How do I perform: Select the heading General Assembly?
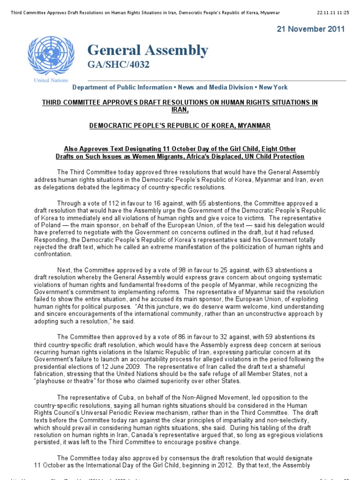coord(147,50)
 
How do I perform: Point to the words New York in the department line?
coord(273,87)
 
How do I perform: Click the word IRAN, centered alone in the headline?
coord(180,109)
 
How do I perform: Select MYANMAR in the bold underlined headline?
coord(254,126)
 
